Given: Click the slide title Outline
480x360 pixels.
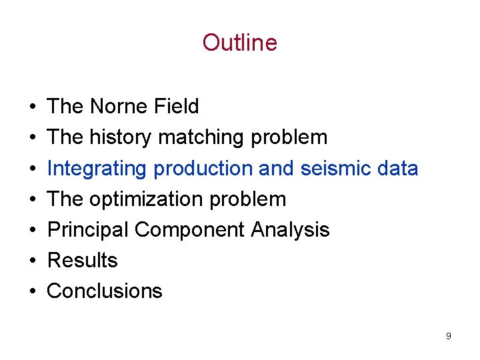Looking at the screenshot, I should (239, 43).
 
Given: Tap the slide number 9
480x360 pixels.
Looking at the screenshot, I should (448, 336).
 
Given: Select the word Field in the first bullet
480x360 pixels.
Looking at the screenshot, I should (179, 107).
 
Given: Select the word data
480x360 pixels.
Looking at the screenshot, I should (397, 169).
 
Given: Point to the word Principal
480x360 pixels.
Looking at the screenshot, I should (88, 230).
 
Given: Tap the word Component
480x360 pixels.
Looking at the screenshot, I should (190, 230).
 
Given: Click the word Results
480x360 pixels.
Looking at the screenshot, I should (82, 261).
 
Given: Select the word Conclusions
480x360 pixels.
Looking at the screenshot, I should (105, 291).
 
